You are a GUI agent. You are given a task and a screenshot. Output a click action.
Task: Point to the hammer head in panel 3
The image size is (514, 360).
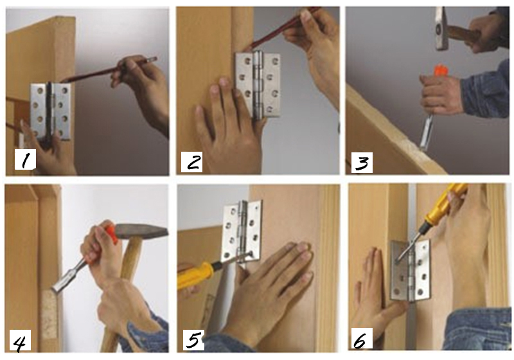point(441,28)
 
